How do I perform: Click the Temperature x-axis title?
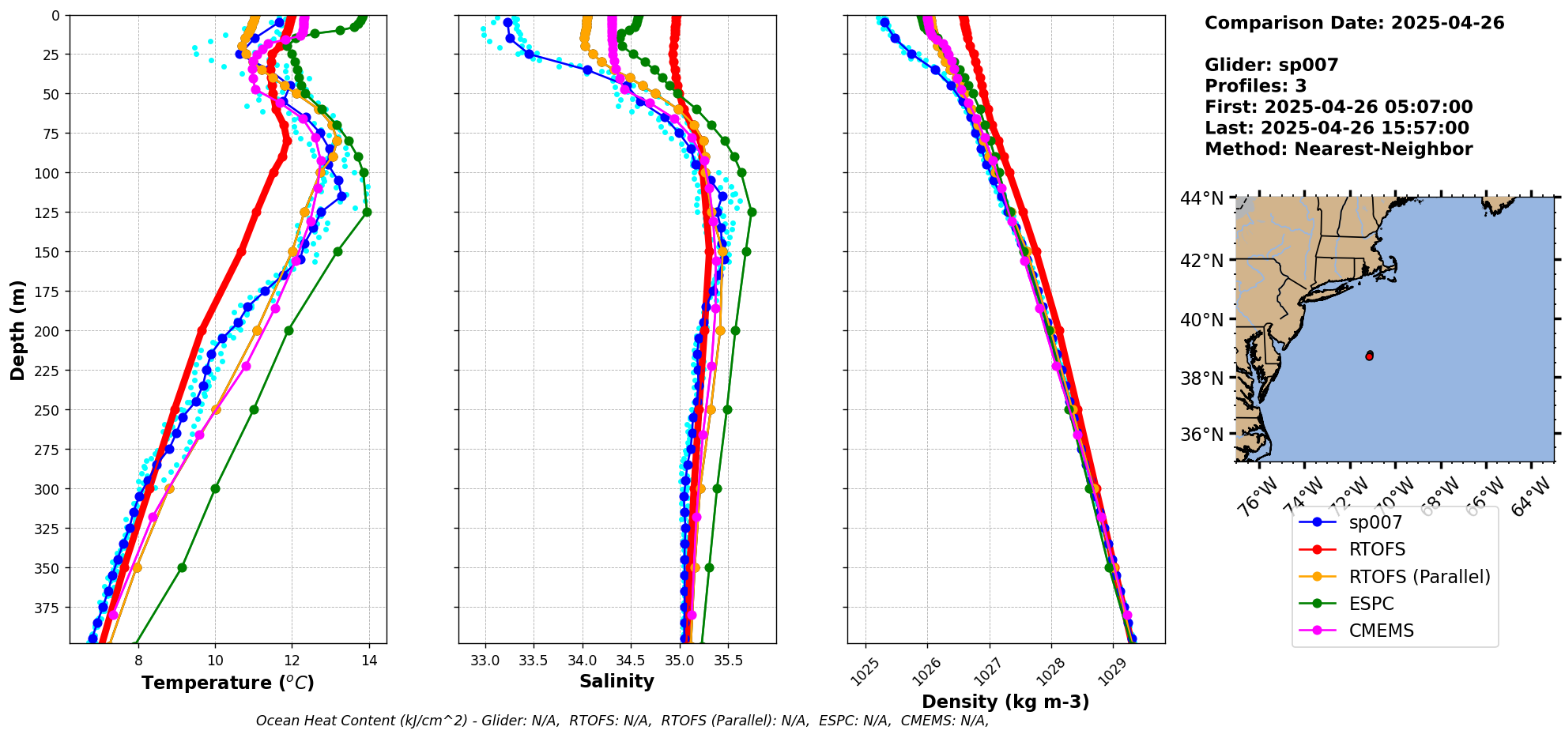[228, 683]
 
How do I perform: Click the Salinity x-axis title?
[617, 681]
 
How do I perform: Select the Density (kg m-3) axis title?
[1005, 702]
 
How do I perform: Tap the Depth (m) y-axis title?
[17, 329]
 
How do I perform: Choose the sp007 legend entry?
[1375, 522]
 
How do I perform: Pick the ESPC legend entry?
[1371, 604]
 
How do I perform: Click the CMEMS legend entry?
[1381, 631]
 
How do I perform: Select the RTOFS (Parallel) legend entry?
[1419, 577]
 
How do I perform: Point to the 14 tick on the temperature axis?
[369, 661]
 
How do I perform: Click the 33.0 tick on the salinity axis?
[485, 661]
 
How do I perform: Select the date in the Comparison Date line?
[1447, 23]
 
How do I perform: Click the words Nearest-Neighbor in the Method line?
[1383, 149]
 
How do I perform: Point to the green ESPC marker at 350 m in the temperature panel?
[182, 567]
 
